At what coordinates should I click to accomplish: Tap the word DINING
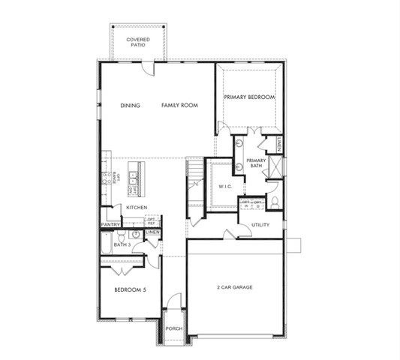131,106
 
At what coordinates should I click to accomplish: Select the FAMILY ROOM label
179,106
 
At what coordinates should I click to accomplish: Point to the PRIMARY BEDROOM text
249,97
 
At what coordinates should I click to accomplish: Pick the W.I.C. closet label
224,186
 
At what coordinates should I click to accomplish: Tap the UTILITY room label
260,224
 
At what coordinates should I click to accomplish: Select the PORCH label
174,328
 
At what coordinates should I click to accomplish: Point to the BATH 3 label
122,244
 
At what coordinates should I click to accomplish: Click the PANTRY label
111,224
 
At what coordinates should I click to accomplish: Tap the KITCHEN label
137,207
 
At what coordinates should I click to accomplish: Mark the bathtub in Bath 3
107,244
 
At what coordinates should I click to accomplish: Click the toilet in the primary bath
275,201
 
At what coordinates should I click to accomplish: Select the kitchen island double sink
132,178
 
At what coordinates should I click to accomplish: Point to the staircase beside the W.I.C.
195,183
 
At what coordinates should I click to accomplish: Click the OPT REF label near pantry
151,222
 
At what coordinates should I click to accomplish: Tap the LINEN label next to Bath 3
153,233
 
